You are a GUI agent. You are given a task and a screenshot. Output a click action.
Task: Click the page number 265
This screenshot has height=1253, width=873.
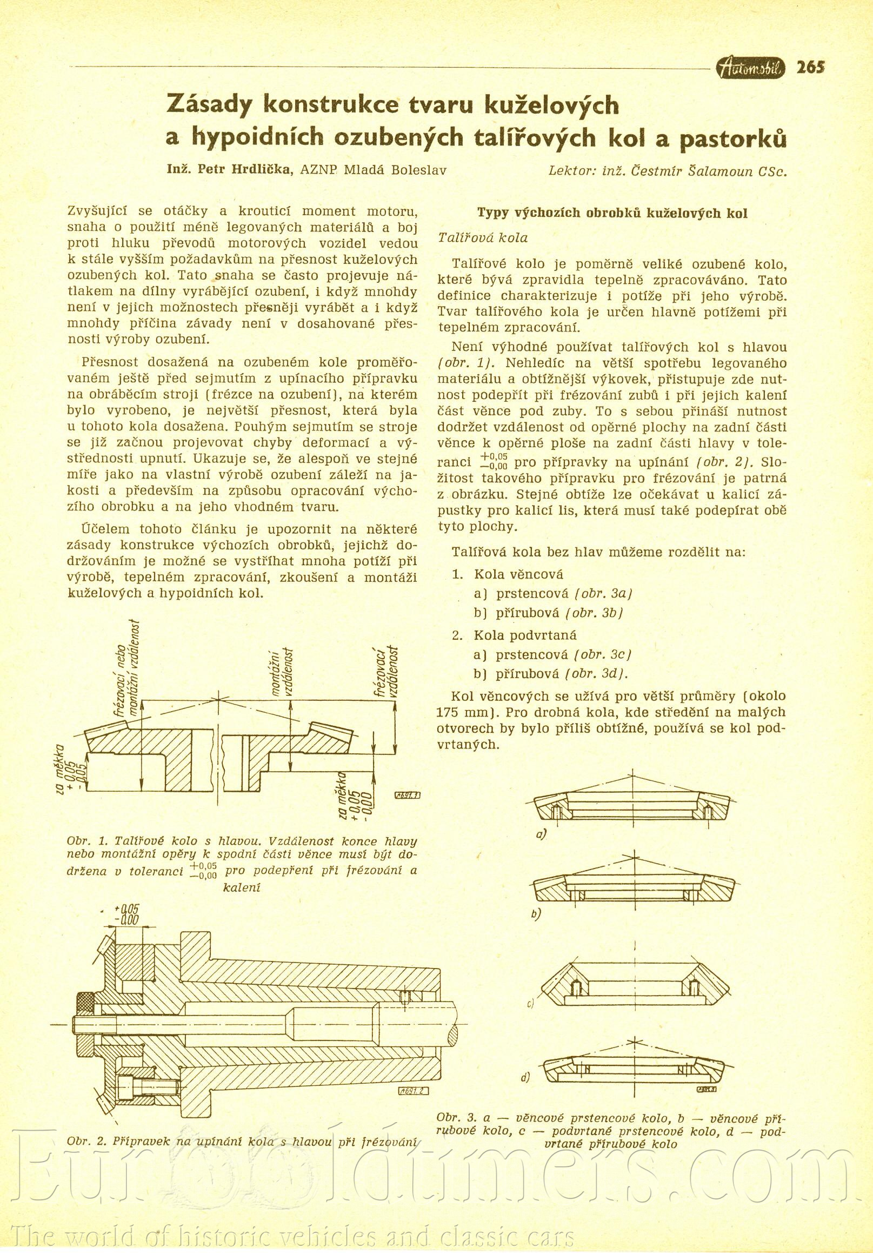[810, 68]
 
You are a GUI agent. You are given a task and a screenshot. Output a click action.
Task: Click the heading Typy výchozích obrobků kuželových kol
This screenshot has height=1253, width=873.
[612, 214]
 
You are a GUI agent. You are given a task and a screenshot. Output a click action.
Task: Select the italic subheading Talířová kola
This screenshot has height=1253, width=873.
[483, 238]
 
